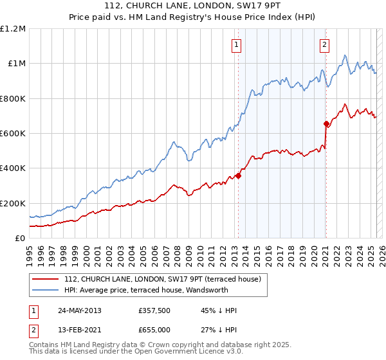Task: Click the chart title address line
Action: (193, 8)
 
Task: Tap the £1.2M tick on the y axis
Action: (13, 29)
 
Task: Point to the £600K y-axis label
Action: (13, 134)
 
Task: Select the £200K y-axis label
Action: (13, 203)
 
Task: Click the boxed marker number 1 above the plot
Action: (237, 44)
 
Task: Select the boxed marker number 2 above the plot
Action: (324, 44)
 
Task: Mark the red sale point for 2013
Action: (238, 175)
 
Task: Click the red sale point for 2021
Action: (326, 123)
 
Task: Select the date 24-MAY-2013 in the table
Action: (79, 310)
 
